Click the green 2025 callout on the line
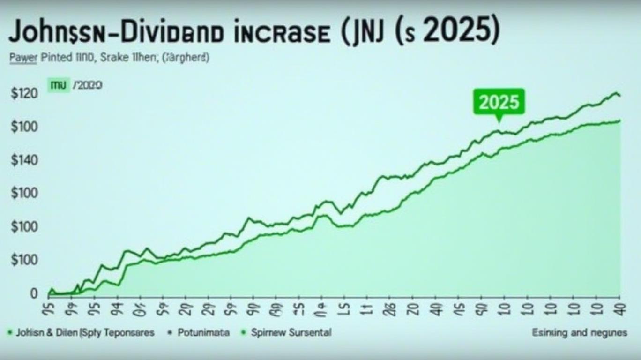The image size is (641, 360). pyautogui.click(x=499, y=102)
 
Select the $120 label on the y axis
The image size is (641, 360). pyautogui.click(x=23, y=94)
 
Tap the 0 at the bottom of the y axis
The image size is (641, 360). pyautogui.click(x=34, y=294)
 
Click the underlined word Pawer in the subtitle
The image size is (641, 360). pyautogui.click(x=23, y=58)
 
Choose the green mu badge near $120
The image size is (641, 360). pyautogui.click(x=59, y=85)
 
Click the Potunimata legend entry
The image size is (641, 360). pyautogui.click(x=204, y=332)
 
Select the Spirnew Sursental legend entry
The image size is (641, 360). pyautogui.click(x=291, y=332)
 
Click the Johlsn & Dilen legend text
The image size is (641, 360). pyautogui.click(x=46, y=332)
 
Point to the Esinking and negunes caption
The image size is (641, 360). pyautogui.click(x=580, y=332)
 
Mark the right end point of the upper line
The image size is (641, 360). pyautogui.click(x=619, y=96)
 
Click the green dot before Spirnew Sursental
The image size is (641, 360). pyautogui.click(x=243, y=332)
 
